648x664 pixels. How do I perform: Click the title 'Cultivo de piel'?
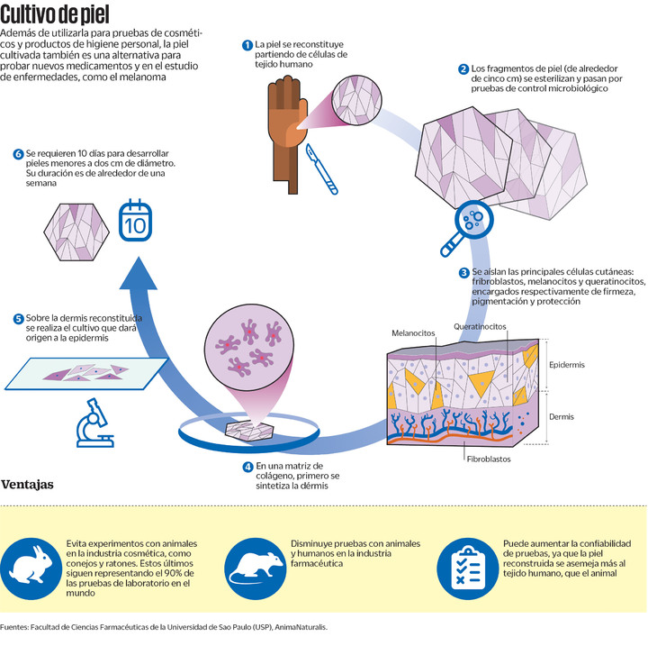point(55,15)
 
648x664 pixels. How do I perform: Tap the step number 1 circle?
point(247,45)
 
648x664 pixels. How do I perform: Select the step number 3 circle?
point(464,273)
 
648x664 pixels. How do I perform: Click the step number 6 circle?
point(18,154)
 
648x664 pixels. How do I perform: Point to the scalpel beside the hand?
point(321,169)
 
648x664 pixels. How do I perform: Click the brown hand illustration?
point(287,134)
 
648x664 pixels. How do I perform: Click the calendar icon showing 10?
point(135,220)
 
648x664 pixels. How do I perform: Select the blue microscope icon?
point(94,423)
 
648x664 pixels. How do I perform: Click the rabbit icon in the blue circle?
point(31,568)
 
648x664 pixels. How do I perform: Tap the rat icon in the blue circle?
point(256,568)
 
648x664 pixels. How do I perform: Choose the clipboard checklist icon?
point(468,568)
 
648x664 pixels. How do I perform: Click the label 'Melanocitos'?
point(413,333)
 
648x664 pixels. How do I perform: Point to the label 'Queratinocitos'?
point(480,326)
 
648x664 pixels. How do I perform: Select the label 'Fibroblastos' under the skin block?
point(489,459)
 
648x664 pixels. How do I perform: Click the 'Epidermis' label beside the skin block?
point(567,365)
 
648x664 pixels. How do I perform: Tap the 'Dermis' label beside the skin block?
point(562,417)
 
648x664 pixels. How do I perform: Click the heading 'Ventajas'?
point(28,485)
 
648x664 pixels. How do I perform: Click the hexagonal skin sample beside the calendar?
point(76,232)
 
